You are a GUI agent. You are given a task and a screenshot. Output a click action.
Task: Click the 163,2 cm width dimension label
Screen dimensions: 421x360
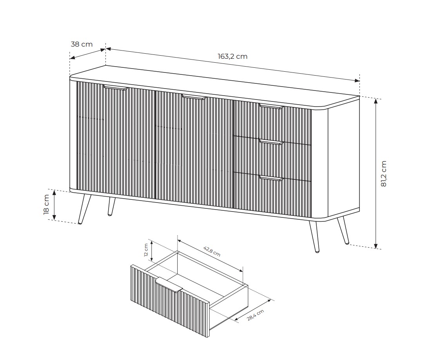pos(232,56)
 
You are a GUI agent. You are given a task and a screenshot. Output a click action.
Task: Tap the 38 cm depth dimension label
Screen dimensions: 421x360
pos(82,44)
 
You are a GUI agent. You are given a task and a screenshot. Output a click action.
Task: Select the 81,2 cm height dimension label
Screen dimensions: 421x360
pos(383,174)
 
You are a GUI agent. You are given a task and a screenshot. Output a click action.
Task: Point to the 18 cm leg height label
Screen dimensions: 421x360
pos(46,204)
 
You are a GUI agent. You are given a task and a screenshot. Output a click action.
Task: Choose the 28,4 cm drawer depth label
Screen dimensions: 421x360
pos(255,315)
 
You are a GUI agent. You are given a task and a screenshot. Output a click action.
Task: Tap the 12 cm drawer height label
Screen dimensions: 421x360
pos(146,250)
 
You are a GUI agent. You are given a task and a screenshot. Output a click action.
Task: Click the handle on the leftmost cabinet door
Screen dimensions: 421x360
pos(116,87)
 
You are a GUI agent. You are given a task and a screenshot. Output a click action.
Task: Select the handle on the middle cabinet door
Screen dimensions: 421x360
pos(194,97)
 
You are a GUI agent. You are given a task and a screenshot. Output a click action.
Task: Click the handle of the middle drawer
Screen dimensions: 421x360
pos(271,142)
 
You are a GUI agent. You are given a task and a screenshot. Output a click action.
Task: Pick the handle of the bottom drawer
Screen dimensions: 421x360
pos(271,178)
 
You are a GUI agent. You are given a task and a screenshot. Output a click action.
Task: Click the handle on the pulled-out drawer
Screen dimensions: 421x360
pos(169,284)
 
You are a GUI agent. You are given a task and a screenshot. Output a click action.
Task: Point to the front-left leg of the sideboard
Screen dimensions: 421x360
pos(84,209)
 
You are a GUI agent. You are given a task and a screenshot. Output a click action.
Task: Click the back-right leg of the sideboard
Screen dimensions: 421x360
pos(343,230)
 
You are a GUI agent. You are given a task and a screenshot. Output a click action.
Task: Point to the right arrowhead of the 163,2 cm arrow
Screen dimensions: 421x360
pos(357,80)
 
